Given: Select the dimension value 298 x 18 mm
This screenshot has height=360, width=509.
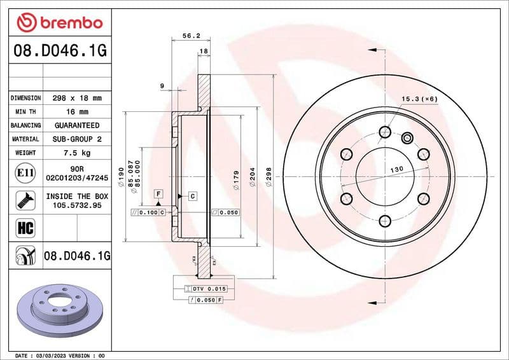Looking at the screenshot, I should (76, 99).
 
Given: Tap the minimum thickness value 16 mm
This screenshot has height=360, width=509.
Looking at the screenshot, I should (76, 112).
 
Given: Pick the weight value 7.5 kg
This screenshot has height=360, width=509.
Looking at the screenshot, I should (76, 153).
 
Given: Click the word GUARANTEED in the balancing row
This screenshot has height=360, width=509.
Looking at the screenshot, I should (76, 125).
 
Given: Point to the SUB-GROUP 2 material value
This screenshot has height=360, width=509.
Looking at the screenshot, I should (76, 139).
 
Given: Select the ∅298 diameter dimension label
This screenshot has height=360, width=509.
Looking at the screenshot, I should (269, 184).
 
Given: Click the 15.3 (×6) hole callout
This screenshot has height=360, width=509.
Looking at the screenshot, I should (420, 99).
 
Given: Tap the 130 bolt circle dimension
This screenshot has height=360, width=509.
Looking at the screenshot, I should (396, 169).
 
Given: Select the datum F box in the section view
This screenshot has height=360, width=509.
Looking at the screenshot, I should (158, 192).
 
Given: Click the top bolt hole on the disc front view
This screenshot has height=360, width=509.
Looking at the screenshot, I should (384, 132).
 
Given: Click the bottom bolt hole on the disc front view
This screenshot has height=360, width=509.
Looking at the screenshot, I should (384, 221).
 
